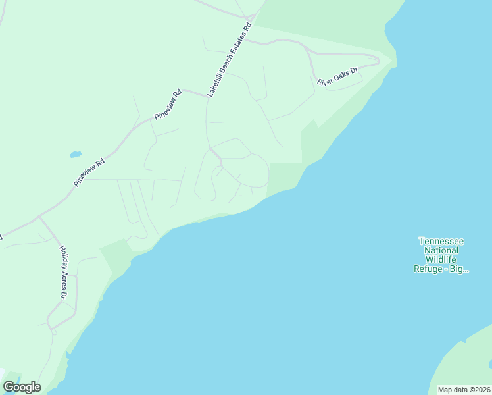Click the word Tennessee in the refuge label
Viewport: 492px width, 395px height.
[x=441, y=241]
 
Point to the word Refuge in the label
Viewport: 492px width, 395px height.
[x=428, y=269]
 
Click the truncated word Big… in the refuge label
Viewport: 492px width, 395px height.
[x=458, y=269]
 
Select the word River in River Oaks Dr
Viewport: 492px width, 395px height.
[x=325, y=82]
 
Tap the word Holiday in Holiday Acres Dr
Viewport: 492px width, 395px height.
[x=62, y=256]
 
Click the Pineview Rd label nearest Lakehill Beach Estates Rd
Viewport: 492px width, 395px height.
[x=168, y=105]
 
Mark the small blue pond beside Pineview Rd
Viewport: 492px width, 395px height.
[x=75, y=155]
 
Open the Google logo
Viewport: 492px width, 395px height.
[x=22, y=387]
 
